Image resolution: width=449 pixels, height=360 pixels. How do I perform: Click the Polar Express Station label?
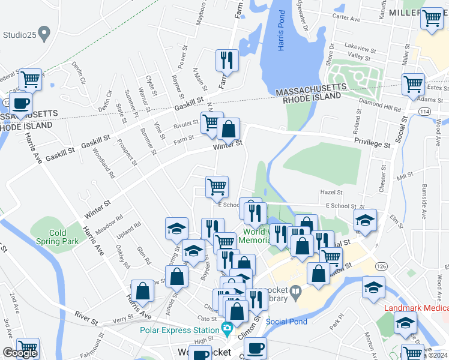[179, 330]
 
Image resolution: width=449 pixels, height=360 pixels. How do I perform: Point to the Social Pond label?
[286, 322]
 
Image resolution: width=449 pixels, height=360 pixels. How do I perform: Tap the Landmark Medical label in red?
[415, 308]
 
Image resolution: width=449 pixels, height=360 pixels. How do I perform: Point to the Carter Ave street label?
[346, 19]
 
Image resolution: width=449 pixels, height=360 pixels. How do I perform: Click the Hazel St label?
[331, 192]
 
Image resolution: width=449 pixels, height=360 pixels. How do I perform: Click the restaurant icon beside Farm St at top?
[227, 61]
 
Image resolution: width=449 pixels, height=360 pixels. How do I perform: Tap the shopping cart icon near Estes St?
[414, 85]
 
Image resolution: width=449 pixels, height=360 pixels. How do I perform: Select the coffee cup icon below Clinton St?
[255, 349]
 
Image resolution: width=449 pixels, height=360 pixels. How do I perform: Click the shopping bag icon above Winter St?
[229, 129]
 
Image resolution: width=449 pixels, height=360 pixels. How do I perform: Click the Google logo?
[19, 353]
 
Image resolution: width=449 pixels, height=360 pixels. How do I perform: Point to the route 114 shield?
[424, 112]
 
